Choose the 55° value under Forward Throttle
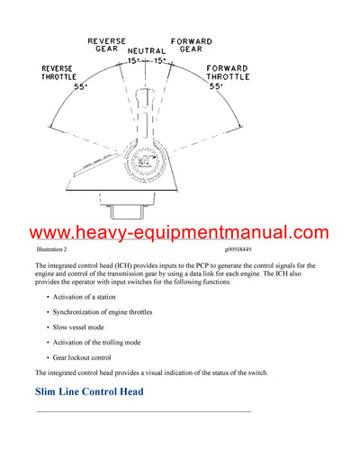coord(216,86)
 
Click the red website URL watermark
coord(180,233)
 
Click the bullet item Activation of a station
coord(92,296)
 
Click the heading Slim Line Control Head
coord(88,392)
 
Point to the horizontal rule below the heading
coord(143,411)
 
